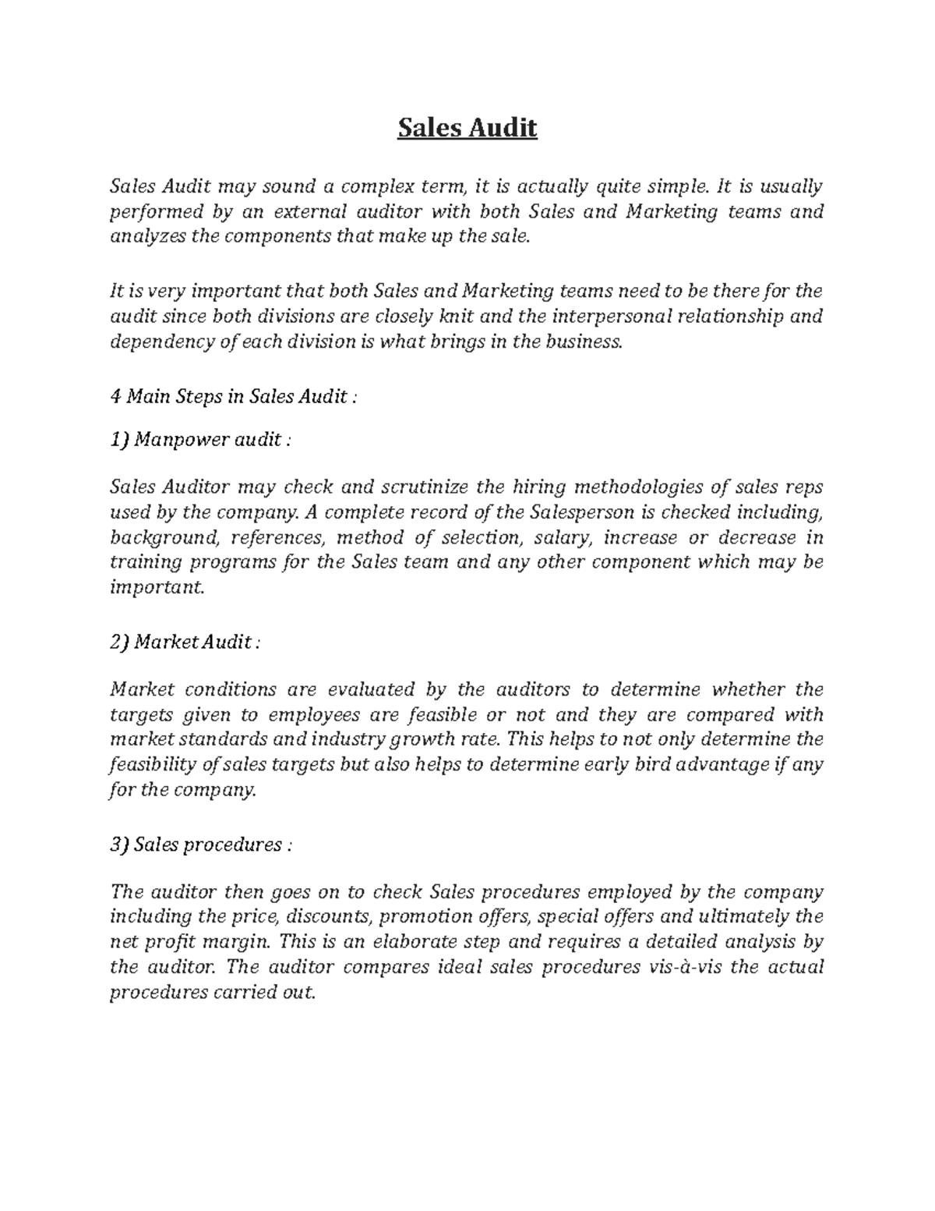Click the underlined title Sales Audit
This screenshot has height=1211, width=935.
tap(467, 127)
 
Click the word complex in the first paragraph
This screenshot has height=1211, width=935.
tap(375, 187)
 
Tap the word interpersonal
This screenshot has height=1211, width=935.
tap(613, 317)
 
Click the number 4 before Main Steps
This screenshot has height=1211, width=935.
tap(115, 396)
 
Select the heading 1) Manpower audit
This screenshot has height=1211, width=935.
tap(200, 440)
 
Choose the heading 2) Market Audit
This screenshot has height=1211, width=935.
tap(185, 643)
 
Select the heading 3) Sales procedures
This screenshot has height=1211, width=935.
tap(201, 845)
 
